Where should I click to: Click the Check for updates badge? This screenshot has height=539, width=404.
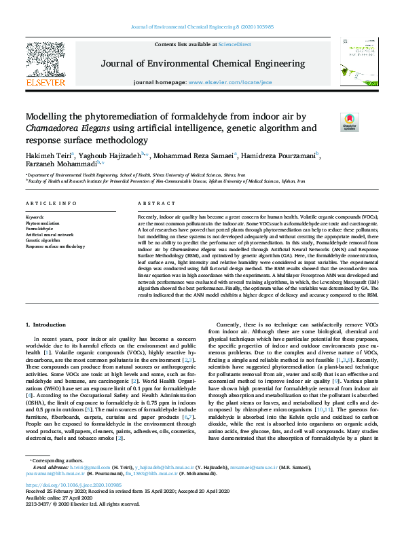click(x=348, y=122)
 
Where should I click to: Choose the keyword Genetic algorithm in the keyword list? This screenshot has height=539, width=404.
click(x=43, y=240)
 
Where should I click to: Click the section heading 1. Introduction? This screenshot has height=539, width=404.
click(x=47, y=326)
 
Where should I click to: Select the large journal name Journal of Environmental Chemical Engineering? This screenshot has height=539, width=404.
click(x=202, y=64)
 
